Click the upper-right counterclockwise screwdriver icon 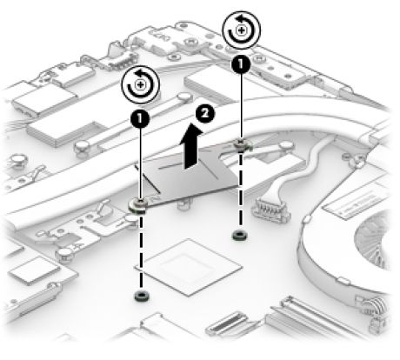241,30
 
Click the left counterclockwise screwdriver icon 141,84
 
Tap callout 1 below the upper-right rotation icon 241,64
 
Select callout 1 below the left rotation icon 140,118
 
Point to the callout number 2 205,113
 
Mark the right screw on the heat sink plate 241,145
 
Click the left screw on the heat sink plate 138,205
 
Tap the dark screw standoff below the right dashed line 240,235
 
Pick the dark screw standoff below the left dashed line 141,296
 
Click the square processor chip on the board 188,267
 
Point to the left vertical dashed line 141,251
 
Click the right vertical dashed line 240,190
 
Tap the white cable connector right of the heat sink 271,209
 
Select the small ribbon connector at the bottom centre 227,323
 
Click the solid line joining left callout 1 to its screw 141,163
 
